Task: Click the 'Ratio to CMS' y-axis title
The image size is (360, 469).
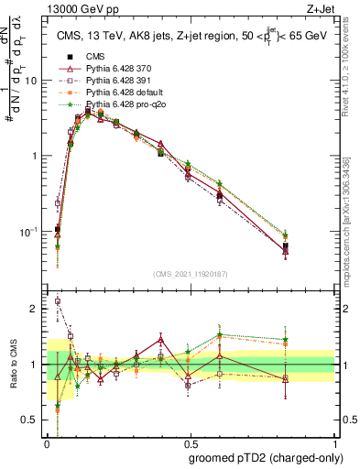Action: click(16, 364)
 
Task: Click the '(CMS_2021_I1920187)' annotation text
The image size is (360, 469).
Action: click(189, 272)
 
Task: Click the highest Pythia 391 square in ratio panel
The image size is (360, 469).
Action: click(58, 300)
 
